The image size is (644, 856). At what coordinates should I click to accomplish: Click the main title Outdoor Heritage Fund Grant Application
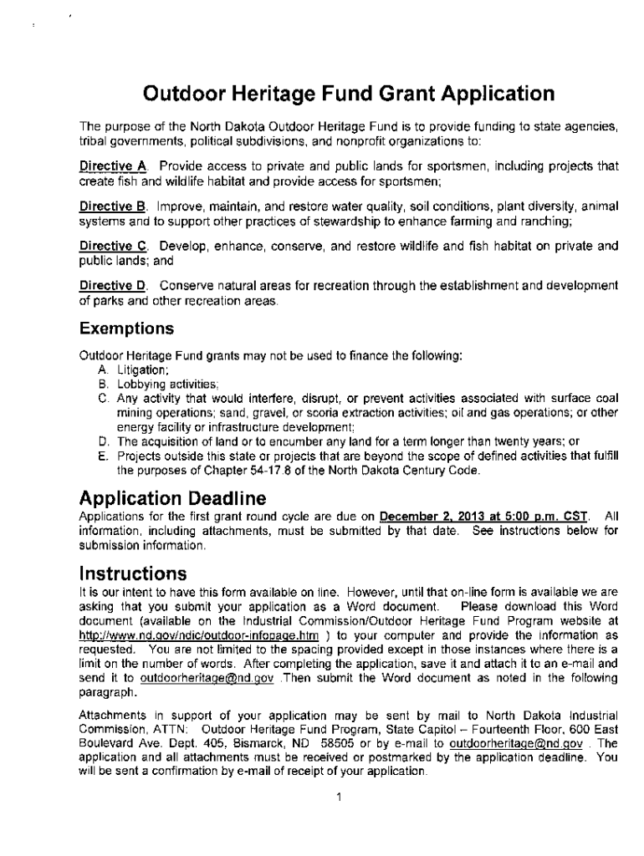[x=347, y=93]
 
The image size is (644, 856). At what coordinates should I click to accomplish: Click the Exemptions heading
[x=126, y=329]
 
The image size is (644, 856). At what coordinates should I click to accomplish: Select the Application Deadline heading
[x=172, y=498]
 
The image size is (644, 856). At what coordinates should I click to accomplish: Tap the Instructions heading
[x=131, y=574]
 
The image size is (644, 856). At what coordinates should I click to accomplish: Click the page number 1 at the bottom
[x=339, y=797]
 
